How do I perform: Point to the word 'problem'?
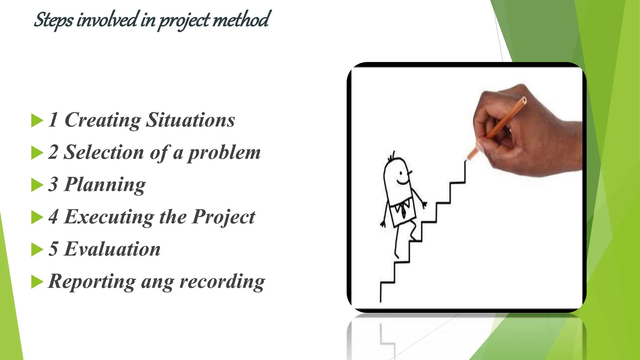(x=224, y=153)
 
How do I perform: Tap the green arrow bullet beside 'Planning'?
(x=37, y=185)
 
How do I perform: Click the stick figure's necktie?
(x=403, y=210)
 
